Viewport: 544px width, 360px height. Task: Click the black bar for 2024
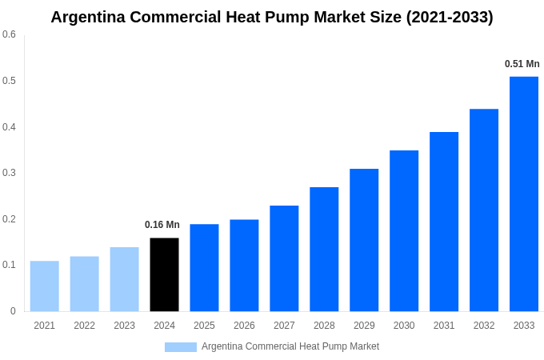click(164, 274)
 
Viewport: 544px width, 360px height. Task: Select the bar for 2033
click(524, 194)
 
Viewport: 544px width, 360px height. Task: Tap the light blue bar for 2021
click(44, 286)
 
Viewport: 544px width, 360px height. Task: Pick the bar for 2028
click(324, 249)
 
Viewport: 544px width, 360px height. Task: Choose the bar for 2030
click(404, 230)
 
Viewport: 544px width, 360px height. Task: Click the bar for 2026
click(244, 265)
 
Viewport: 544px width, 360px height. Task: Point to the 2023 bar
click(124, 278)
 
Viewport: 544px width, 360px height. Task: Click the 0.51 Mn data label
click(522, 64)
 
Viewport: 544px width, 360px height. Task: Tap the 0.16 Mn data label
click(162, 225)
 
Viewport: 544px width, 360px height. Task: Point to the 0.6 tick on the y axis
click(9, 34)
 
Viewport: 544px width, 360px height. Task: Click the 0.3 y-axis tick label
click(9, 173)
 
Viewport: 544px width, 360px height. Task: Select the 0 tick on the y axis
click(13, 311)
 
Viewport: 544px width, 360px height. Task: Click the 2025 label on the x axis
click(204, 326)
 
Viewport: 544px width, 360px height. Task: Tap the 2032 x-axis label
click(484, 326)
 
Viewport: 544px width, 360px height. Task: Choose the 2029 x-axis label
click(364, 326)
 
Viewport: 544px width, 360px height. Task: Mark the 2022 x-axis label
click(84, 326)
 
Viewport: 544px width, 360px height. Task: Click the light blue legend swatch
click(180, 346)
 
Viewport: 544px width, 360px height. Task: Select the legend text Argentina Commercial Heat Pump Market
click(290, 346)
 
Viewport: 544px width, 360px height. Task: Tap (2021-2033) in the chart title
click(450, 17)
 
